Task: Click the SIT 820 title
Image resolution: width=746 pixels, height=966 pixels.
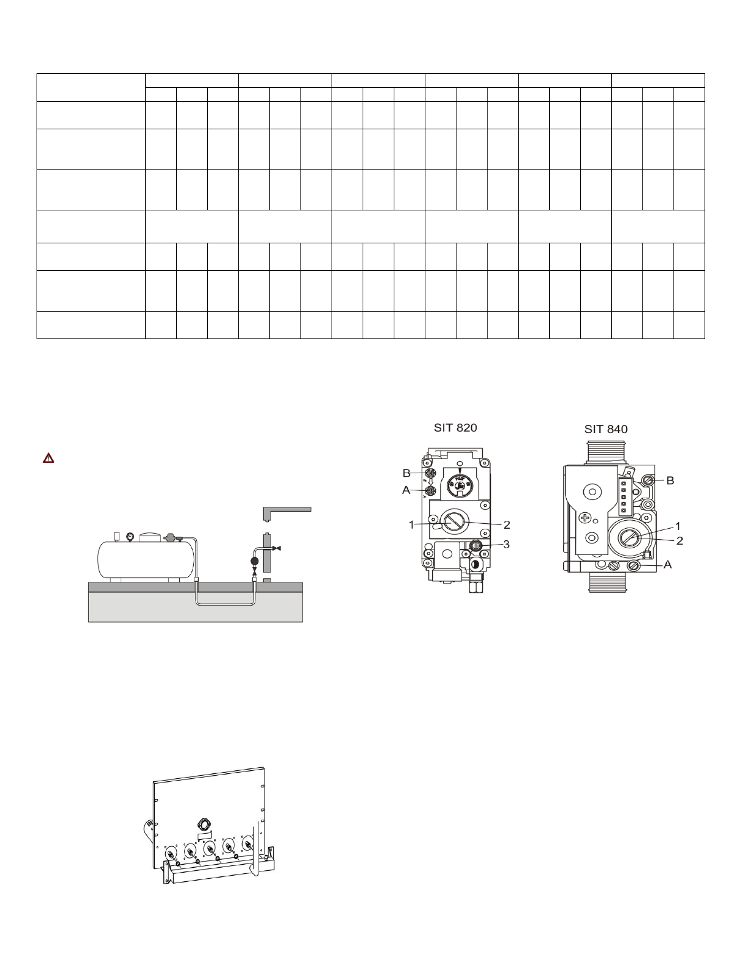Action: [x=455, y=428]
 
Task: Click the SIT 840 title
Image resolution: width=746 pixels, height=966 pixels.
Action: [x=606, y=429]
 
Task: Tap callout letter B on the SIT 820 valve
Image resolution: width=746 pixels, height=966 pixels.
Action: [x=407, y=473]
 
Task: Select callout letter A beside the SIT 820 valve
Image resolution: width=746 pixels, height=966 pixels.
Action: [x=406, y=490]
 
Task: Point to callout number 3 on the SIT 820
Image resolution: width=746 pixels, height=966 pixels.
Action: [x=506, y=545]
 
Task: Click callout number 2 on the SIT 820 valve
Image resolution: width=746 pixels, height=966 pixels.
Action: [x=506, y=525]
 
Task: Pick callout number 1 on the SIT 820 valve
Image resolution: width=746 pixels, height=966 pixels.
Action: [x=411, y=525]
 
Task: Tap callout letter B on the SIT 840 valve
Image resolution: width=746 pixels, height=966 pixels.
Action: [x=670, y=481]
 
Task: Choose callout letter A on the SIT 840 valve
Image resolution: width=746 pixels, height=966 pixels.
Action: [x=667, y=565]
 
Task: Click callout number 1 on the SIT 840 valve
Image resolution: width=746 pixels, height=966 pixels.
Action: [x=678, y=526]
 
